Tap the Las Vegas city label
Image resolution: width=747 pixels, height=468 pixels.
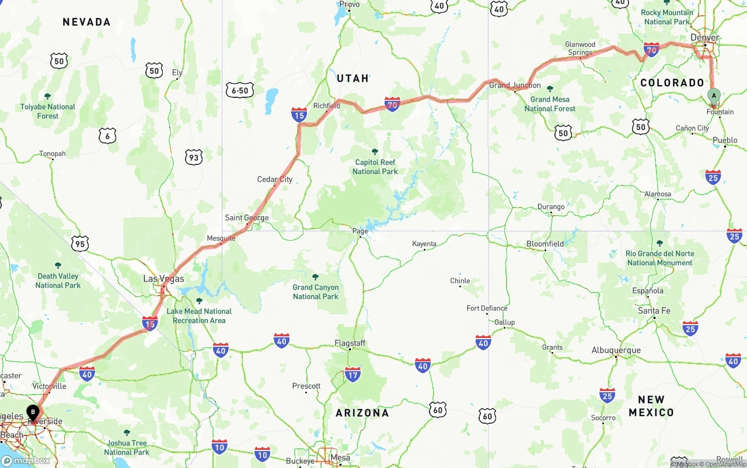[x=163, y=279]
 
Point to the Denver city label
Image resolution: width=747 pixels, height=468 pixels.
[x=704, y=37]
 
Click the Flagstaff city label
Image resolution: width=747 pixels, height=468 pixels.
[x=350, y=343]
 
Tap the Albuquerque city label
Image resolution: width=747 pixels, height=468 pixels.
[x=616, y=350]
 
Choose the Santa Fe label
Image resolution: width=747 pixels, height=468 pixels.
[x=654, y=311]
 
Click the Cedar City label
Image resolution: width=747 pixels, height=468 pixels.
[x=275, y=179]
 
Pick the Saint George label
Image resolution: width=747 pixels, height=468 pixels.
[x=247, y=218]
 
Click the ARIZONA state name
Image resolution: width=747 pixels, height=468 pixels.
[x=362, y=413]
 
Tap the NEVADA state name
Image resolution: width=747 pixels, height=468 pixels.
[x=86, y=22]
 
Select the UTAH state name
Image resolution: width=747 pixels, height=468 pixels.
[x=352, y=78]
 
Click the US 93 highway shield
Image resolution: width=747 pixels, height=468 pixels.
[x=193, y=157]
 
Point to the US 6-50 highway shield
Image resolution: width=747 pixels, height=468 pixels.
[x=239, y=90]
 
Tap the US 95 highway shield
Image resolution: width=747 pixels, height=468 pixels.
[x=80, y=244]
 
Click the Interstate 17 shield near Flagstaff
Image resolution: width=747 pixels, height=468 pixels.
[x=352, y=374]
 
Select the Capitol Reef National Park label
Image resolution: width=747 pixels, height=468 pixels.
[x=375, y=167]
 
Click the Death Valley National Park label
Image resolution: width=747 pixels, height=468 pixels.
[x=58, y=280]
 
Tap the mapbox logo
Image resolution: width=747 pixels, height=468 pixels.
[x=26, y=460]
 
